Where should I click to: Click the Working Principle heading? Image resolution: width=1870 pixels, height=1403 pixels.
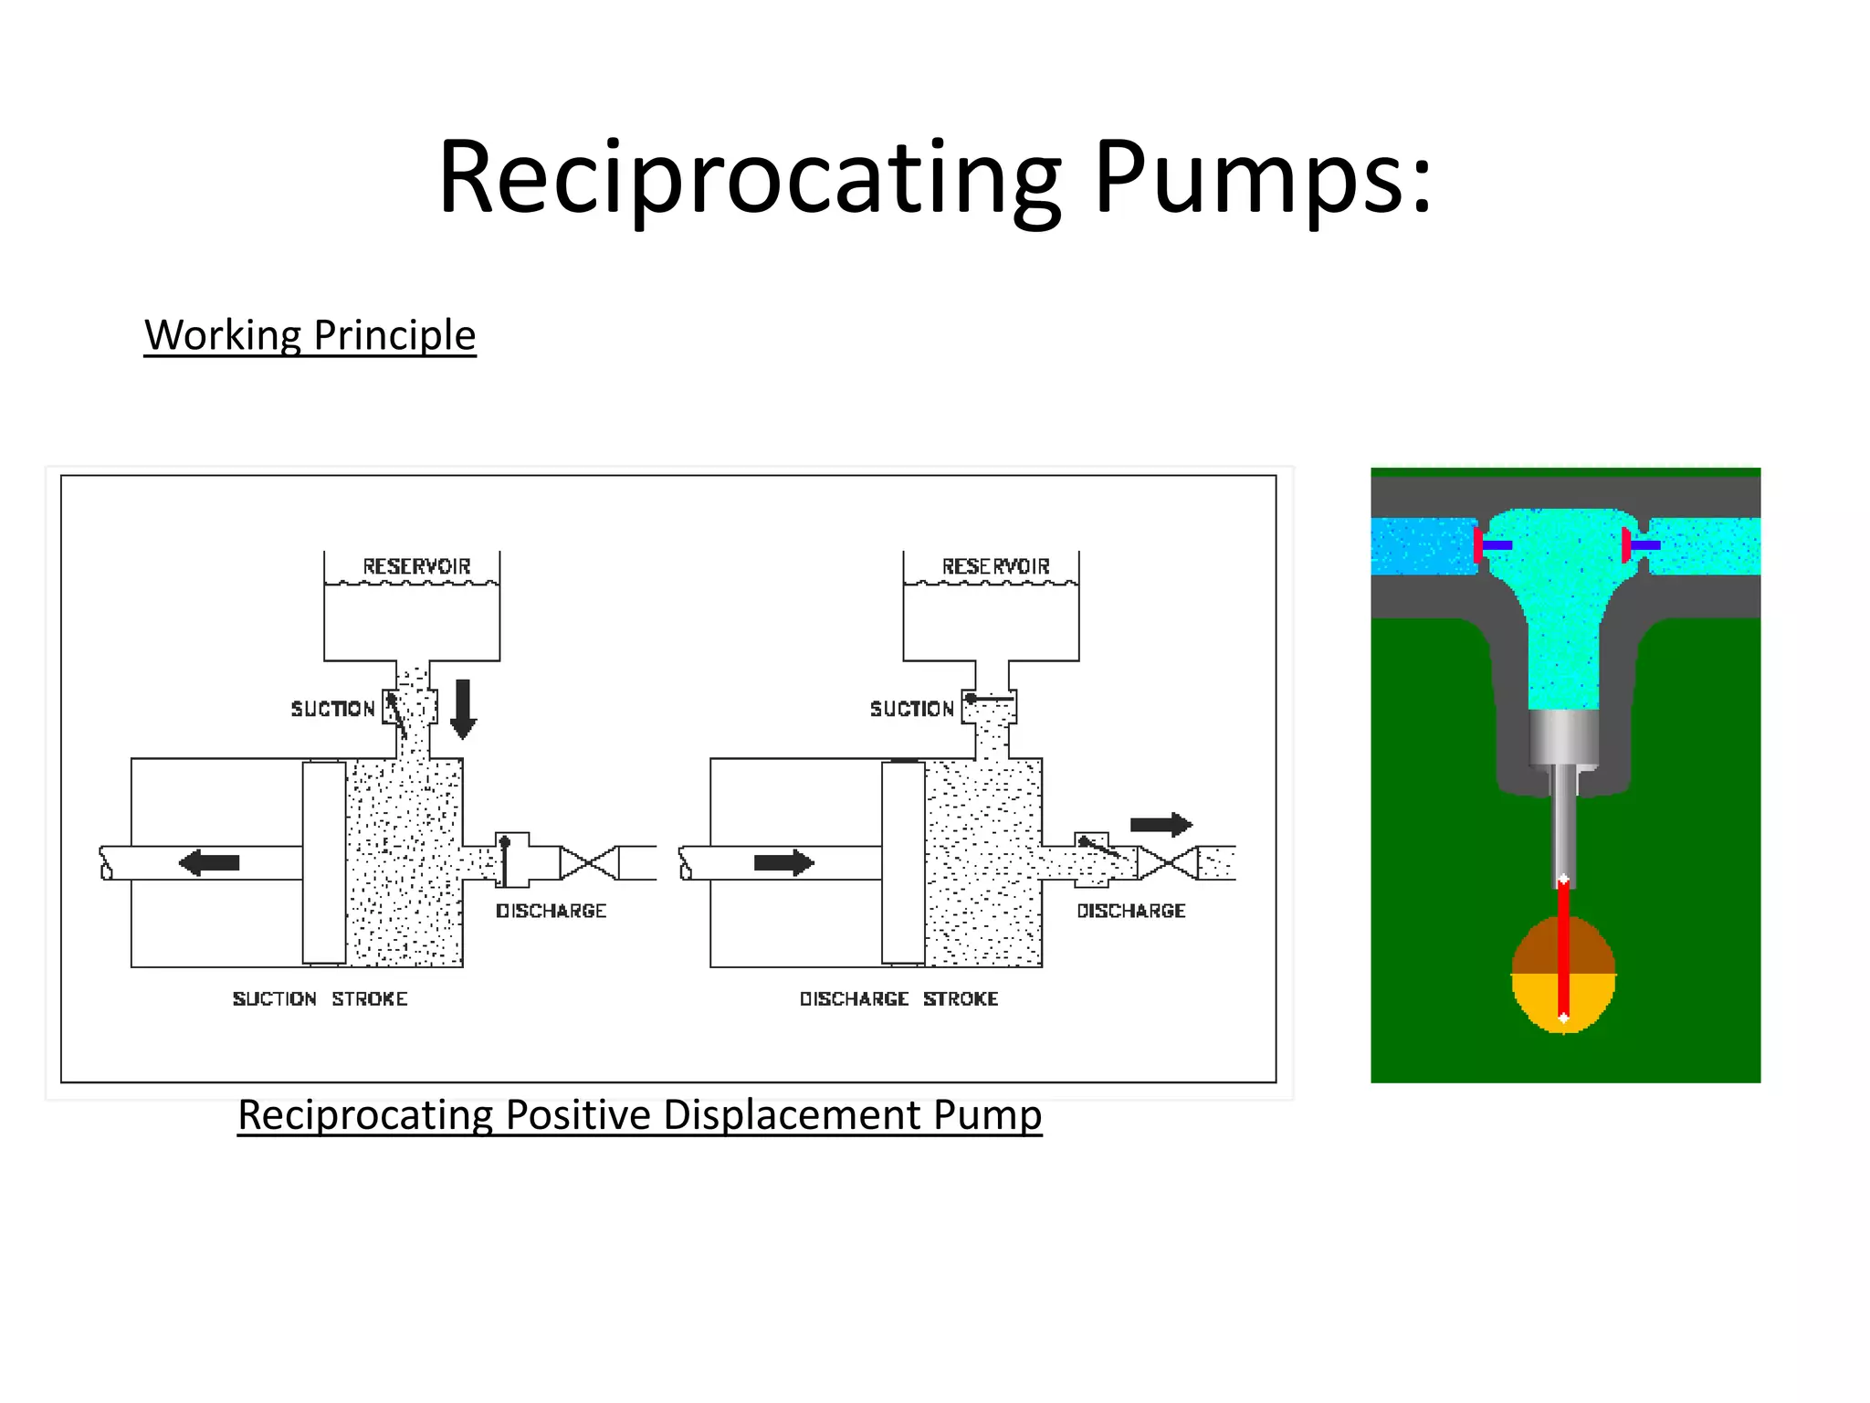[310, 335]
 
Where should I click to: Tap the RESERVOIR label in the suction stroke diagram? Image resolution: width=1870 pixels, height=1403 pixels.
[416, 566]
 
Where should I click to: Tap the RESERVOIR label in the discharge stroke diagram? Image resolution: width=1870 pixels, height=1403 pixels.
[995, 566]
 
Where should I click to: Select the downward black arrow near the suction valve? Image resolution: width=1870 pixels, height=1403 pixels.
[463, 708]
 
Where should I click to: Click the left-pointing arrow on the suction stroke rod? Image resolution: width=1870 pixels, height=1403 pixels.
[210, 862]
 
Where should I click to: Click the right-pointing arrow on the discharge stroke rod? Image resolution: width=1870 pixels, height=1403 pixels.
[783, 862]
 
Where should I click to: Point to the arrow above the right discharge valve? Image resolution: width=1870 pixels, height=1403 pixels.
[1161, 825]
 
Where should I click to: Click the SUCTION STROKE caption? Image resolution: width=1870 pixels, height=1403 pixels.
[320, 998]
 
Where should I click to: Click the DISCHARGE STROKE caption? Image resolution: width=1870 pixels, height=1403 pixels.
[898, 998]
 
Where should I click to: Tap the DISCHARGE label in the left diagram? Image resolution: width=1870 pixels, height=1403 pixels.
[551, 911]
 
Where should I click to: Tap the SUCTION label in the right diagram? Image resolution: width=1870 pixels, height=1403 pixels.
[911, 709]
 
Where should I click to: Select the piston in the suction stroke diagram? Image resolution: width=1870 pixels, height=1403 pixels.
[324, 862]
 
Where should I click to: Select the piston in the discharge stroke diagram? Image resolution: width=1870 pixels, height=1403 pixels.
[903, 862]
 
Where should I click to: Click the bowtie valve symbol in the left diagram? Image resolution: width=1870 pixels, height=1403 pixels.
[589, 862]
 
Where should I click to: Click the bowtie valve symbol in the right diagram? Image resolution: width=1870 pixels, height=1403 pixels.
[1168, 862]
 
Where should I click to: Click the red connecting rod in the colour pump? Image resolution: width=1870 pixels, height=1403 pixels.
[1563, 950]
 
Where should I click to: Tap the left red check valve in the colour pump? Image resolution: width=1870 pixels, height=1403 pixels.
[1478, 545]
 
